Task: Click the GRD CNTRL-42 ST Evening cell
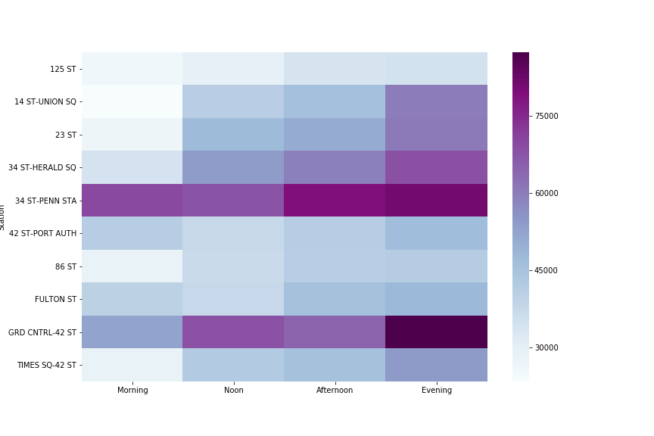tap(436, 332)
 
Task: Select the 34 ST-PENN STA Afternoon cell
tap(335, 200)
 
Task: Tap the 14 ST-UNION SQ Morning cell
tap(132, 101)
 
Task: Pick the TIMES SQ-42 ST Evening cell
tap(436, 365)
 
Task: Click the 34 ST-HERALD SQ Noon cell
tap(233, 167)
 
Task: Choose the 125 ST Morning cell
tap(132, 69)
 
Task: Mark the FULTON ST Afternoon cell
tap(335, 299)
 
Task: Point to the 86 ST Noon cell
tap(233, 266)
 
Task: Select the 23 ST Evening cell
tap(436, 135)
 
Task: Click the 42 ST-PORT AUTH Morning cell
tap(132, 233)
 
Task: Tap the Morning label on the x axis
tap(132, 391)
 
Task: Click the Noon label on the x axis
tap(233, 391)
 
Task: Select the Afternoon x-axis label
tap(335, 391)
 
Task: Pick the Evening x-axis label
tap(437, 391)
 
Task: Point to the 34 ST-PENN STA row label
tap(45, 201)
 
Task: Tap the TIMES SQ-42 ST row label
tap(47, 365)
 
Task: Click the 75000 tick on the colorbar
tap(547, 116)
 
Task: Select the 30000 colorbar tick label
tap(547, 347)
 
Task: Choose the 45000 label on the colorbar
tap(547, 270)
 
